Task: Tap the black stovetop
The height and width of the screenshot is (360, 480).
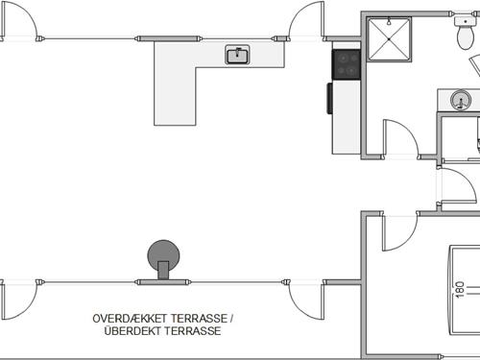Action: click(346, 64)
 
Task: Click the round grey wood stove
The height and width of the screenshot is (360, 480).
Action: click(163, 256)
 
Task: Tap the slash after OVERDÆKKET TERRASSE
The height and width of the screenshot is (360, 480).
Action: click(231, 318)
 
